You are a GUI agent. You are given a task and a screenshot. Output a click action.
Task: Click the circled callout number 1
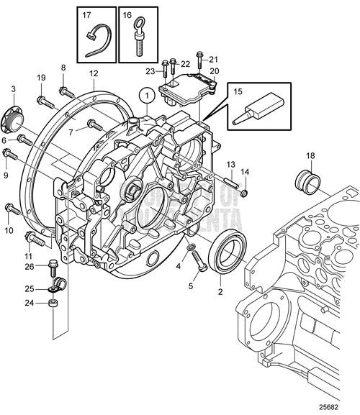tap(146, 94)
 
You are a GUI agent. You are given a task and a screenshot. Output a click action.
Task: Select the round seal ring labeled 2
tap(225, 257)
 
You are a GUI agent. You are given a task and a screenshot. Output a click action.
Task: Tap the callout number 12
tap(94, 73)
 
